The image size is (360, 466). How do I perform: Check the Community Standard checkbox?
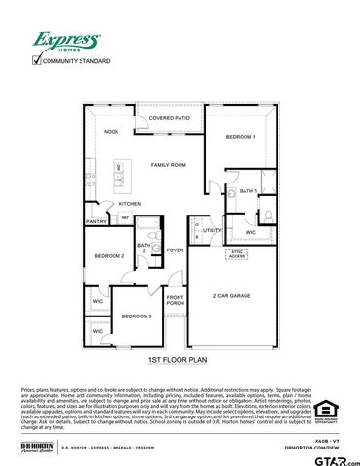click(x=37, y=60)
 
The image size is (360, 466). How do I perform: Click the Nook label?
click(x=112, y=132)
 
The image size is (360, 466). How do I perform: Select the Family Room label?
click(x=167, y=165)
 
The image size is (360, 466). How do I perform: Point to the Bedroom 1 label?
click(x=241, y=137)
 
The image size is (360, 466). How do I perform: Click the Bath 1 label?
click(x=247, y=191)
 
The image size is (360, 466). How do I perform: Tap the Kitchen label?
click(x=130, y=204)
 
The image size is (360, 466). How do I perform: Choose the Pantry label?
click(x=96, y=221)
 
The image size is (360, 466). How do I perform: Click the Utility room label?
click(x=212, y=230)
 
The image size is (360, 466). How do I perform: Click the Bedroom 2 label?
click(x=109, y=255)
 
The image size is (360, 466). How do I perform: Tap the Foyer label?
click(x=175, y=250)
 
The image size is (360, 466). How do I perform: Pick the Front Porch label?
click(x=175, y=300)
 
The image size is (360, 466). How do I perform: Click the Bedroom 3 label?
click(x=136, y=316)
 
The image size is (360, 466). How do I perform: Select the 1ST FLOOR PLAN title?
click(x=178, y=361)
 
